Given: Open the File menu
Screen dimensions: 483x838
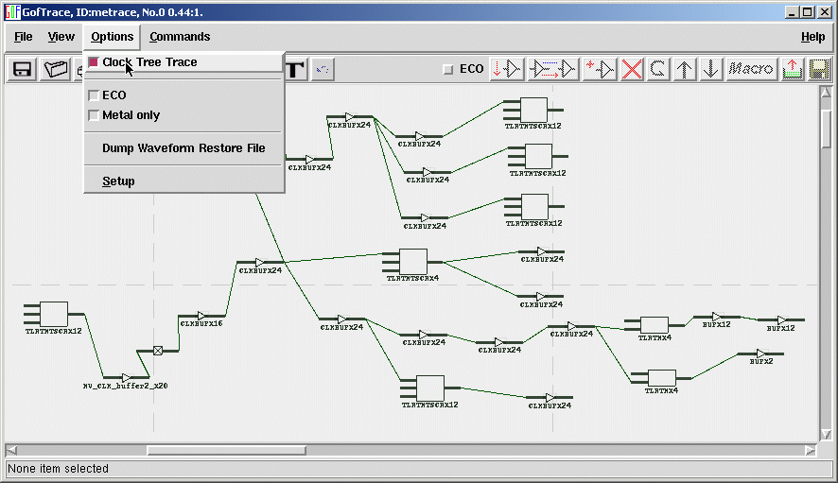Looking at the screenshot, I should click(24, 37).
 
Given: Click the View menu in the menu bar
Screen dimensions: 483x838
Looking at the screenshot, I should click(61, 37).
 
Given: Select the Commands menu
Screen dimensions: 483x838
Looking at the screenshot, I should click(180, 37).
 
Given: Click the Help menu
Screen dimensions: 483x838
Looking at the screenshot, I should click(812, 37).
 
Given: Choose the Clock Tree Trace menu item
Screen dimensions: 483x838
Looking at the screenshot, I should click(149, 62).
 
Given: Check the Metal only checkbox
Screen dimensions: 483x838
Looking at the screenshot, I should click(94, 115).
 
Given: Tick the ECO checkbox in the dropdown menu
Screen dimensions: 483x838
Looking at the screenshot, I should click(94, 95).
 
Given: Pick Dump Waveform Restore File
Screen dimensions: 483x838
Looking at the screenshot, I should click(183, 148).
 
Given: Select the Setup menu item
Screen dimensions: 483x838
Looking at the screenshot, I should click(118, 181).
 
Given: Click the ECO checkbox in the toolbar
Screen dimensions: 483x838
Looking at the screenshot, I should click(448, 69).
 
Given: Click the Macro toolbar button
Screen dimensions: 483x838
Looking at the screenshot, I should click(751, 69).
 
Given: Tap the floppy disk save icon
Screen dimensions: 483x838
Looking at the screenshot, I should click(23, 69).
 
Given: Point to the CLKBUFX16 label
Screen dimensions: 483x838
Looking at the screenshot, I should click(203, 324).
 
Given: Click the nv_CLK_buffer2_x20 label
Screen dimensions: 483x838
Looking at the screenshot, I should click(126, 387).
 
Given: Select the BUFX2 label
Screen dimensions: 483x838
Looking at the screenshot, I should click(761, 361).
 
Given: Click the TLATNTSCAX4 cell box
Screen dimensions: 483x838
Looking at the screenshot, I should click(413, 260).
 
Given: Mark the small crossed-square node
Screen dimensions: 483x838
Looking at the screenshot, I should click(158, 351).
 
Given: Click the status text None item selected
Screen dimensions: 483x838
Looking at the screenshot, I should click(58, 469).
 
